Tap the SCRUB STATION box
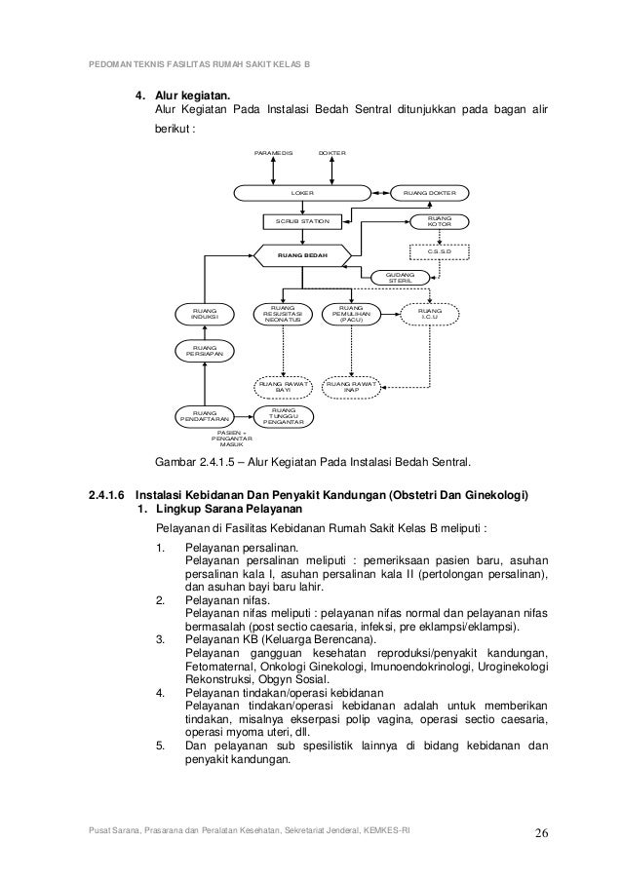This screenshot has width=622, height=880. [301, 222]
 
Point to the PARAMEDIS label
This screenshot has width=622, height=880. [272, 154]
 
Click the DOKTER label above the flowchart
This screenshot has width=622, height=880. [332, 154]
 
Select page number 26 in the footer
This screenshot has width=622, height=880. [541, 832]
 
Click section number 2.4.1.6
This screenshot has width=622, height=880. [109, 494]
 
